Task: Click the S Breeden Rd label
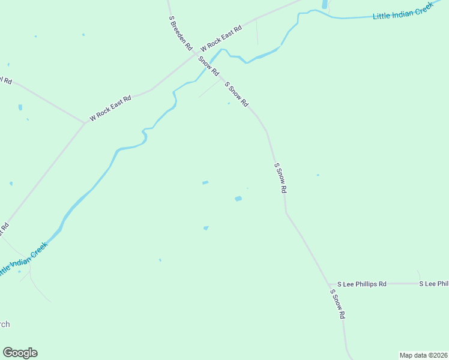point(180,32)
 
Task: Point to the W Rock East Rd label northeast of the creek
point(221,38)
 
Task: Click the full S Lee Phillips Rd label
point(361,284)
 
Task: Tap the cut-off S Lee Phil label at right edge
point(433,284)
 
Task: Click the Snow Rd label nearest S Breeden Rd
point(208,65)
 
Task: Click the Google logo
point(20,353)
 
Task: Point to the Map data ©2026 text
point(423,355)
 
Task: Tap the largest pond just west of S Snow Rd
point(238,199)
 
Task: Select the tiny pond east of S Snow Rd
point(318,175)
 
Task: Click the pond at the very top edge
point(325,4)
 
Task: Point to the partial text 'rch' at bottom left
point(5,325)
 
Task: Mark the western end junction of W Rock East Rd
point(84,123)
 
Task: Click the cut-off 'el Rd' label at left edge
point(6,80)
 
